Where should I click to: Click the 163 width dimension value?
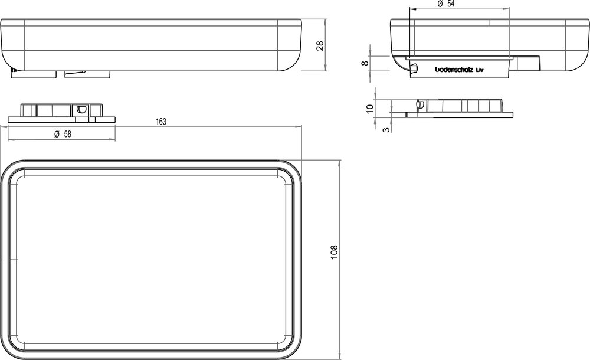160,122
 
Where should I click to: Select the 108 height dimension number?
335,254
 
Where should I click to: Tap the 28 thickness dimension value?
320,45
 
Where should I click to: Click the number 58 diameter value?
67,135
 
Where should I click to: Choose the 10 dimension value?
369,108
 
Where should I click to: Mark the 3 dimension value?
386,127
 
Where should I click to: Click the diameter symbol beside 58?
55,135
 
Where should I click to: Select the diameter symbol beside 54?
440,4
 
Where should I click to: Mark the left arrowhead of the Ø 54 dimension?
411,9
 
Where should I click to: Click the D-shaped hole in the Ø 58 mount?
81,109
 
